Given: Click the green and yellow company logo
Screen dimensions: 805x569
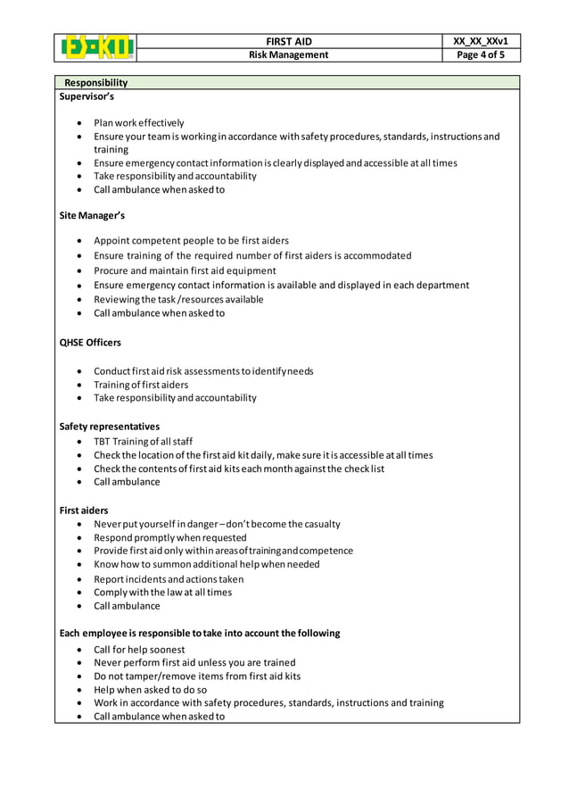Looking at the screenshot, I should tap(98, 47).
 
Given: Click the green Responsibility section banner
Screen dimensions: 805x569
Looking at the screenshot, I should tap(285, 82).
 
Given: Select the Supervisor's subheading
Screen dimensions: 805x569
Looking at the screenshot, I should tap(87, 95).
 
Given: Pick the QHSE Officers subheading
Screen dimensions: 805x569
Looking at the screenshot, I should tap(90, 342).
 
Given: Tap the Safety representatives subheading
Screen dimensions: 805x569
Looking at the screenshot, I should tap(109, 427).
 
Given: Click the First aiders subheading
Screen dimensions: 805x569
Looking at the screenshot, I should tap(84, 510).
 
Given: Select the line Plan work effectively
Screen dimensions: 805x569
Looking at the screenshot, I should tap(139, 123).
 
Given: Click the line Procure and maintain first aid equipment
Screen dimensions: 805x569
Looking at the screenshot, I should tap(185, 270).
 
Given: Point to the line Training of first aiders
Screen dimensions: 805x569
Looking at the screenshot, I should tap(141, 385).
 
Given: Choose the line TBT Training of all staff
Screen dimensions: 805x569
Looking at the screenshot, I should tap(143, 442).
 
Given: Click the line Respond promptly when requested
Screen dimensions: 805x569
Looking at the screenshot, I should tap(170, 538).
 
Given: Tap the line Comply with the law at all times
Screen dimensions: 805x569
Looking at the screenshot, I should tap(162, 592).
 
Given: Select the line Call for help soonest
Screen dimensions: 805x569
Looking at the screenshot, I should tap(139, 650).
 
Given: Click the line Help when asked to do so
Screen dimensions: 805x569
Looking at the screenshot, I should tap(150, 690).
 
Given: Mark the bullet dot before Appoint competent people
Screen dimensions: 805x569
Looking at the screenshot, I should tap(82, 241).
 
